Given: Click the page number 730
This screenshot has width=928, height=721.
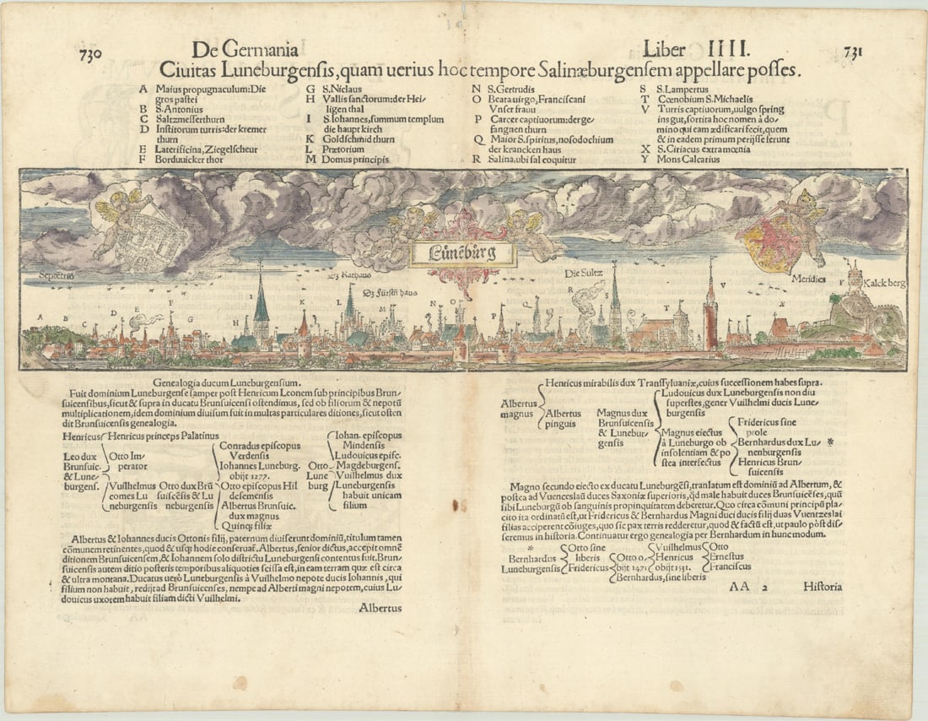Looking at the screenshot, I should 90,54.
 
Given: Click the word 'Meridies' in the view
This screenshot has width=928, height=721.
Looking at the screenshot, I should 807,277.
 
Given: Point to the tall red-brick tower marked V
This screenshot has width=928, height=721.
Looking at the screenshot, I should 711,317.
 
